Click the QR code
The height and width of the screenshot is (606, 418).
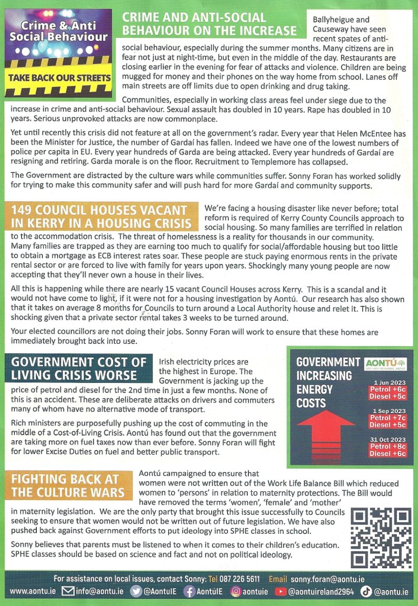click(x=381, y=536)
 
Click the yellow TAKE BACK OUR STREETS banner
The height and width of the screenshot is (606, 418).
click(x=59, y=77)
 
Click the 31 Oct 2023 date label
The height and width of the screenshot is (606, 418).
click(x=388, y=439)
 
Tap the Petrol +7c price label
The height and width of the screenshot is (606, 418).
click(x=388, y=418)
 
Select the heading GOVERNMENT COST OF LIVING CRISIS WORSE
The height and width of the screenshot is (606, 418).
click(x=78, y=368)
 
